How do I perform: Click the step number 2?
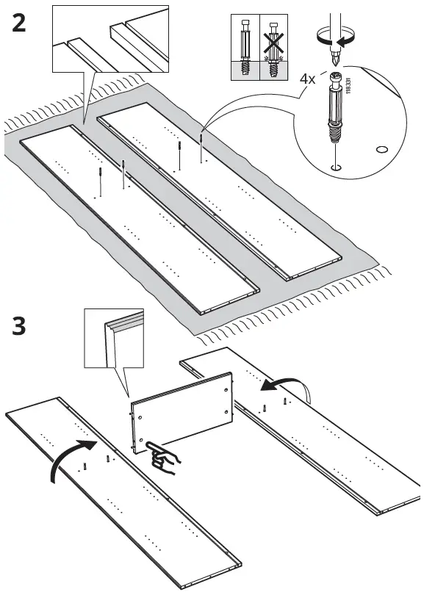pyautogui.click(x=19, y=23)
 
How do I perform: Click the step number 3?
pyautogui.click(x=19, y=326)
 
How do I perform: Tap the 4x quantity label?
pyautogui.click(x=307, y=79)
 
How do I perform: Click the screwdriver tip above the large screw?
pyautogui.click(x=334, y=59)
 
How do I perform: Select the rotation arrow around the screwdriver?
pyautogui.click(x=335, y=37)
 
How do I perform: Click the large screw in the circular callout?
pyautogui.click(x=334, y=107)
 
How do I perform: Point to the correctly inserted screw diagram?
pyautogui.click(x=245, y=47)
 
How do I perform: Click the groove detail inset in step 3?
pyautogui.click(x=114, y=338)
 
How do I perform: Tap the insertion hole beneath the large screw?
pyautogui.click(x=335, y=167)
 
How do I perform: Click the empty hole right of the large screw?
pyautogui.click(x=382, y=150)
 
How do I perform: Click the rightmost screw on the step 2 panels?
pyautogui.click(x=202, y=146)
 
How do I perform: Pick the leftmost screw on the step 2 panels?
pyautogui.click(x=101, y=181)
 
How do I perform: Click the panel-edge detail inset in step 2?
pyautogui.click(x=110, y=38)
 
